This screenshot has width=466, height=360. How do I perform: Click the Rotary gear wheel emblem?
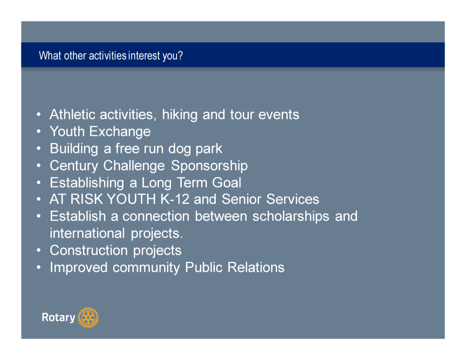point(88,318)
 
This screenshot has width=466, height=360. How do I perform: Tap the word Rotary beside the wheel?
point(59,318)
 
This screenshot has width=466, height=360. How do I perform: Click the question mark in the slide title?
point(180,55)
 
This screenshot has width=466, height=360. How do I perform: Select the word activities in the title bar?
point(108,55)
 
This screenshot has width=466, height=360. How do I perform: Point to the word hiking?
point(179,115)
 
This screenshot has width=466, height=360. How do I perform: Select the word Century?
point(74,166)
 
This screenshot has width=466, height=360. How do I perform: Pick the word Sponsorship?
point(209,166)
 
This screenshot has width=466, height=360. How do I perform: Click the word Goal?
point(226,183)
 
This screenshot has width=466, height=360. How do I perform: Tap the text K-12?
point(175,199)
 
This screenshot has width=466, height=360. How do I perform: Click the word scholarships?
point(291,217)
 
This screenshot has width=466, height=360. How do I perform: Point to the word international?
point(88,234)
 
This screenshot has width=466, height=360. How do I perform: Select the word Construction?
point(89,250)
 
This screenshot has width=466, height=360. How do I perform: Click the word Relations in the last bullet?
point(256,268)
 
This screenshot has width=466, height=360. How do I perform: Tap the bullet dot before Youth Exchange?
point(39,131)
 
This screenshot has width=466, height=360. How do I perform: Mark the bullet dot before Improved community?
point(39,267)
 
